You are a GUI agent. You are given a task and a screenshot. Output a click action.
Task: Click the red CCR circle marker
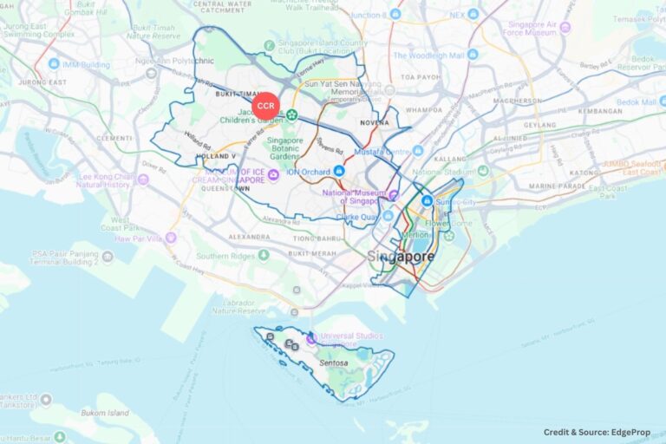point(265,106)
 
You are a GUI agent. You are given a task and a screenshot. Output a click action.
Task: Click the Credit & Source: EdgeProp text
point(597,432)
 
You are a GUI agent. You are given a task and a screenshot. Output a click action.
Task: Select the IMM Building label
point(85,64)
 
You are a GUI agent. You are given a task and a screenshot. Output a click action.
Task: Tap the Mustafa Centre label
point(384,151)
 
